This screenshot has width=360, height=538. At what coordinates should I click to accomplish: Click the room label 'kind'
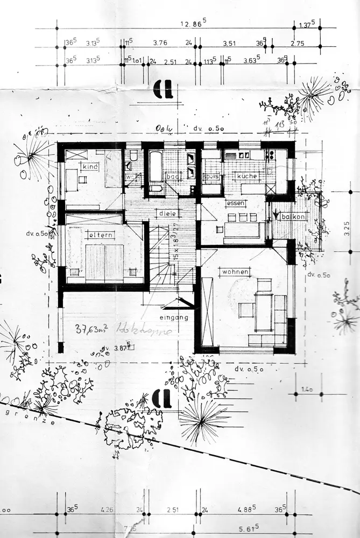click(x=90, y=167)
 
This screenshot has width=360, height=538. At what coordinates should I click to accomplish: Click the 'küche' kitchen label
click(x=246, y=175)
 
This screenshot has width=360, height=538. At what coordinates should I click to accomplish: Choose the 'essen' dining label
click(x=236, y=203)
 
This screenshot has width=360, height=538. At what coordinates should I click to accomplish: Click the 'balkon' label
click(x=295, y=216)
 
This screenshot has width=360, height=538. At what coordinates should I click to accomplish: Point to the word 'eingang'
click(x=174, y=317)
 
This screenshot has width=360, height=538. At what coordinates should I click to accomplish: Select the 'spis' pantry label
click(x=210, y=176)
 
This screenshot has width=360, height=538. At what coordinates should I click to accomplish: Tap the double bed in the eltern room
click(x=104, y=263)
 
